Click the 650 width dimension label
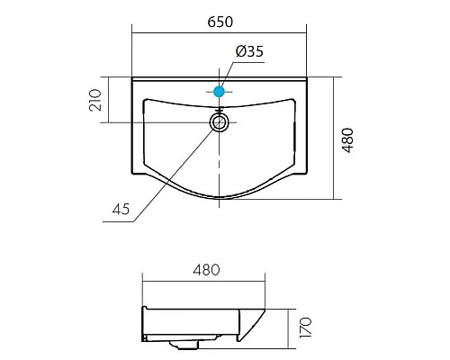click(x=220, y=22)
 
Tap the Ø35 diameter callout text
click(x=249, y=51)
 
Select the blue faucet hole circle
click(x=220, y=92)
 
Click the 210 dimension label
click(x=95, y=100)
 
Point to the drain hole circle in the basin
click(x=220, y=122)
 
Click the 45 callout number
click(x=121, y=209)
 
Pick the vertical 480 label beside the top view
click(x=348, y=140)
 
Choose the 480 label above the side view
click(x=206, y=270)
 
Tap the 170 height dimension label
click(x=306, y=328)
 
